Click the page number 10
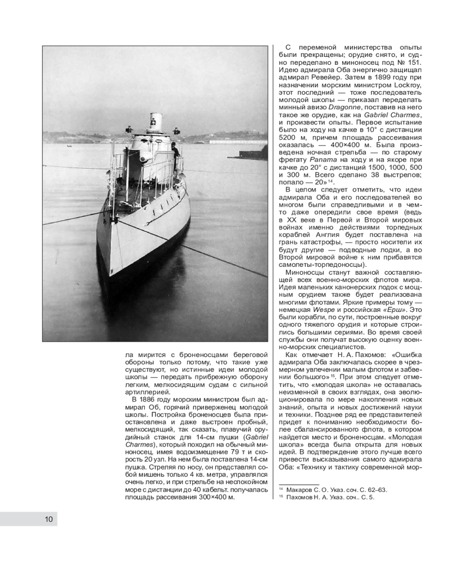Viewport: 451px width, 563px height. click(49, 519)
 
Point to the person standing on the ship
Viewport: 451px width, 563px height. click(176, 151)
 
